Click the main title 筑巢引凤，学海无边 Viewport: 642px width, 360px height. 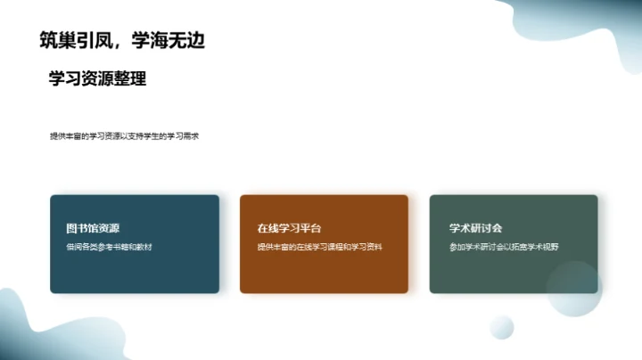point(128,40)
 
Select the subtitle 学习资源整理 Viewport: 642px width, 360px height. point(97,78)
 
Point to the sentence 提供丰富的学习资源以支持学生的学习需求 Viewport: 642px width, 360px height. point(124,136)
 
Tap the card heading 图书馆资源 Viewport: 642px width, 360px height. point(86,228)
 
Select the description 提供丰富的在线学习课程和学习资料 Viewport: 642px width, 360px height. point(319,246)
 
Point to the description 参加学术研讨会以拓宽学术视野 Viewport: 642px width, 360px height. point(509,246)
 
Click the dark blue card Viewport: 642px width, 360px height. point(134,272)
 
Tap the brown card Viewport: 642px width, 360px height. point(324,272)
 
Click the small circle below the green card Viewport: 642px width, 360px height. point(502,327)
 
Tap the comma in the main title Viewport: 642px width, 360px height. point(118,45)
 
